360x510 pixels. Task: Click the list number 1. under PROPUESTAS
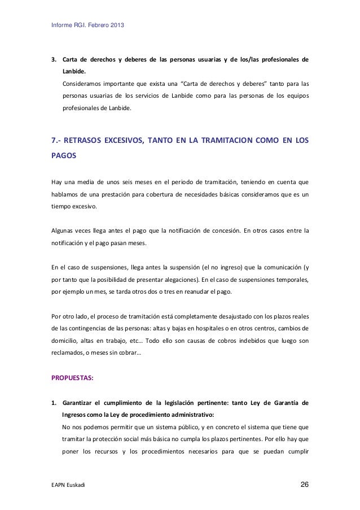coord(54,403)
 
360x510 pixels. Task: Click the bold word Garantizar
coord(82,403)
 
